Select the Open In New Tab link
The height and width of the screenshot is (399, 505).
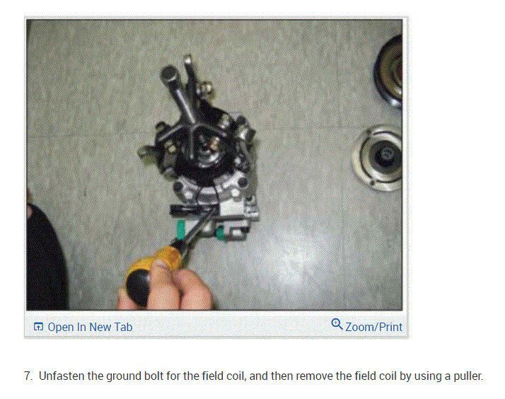pos(89,327)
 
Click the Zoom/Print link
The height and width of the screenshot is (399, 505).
pos(373,327)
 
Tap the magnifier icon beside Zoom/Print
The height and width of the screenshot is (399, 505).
pos(337,325)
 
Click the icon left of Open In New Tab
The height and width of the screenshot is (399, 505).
pos(38,327)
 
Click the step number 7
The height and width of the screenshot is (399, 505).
pos(28,376)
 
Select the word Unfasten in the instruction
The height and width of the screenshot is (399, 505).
pos(62,376)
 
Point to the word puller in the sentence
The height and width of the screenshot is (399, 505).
pos(465,376)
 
